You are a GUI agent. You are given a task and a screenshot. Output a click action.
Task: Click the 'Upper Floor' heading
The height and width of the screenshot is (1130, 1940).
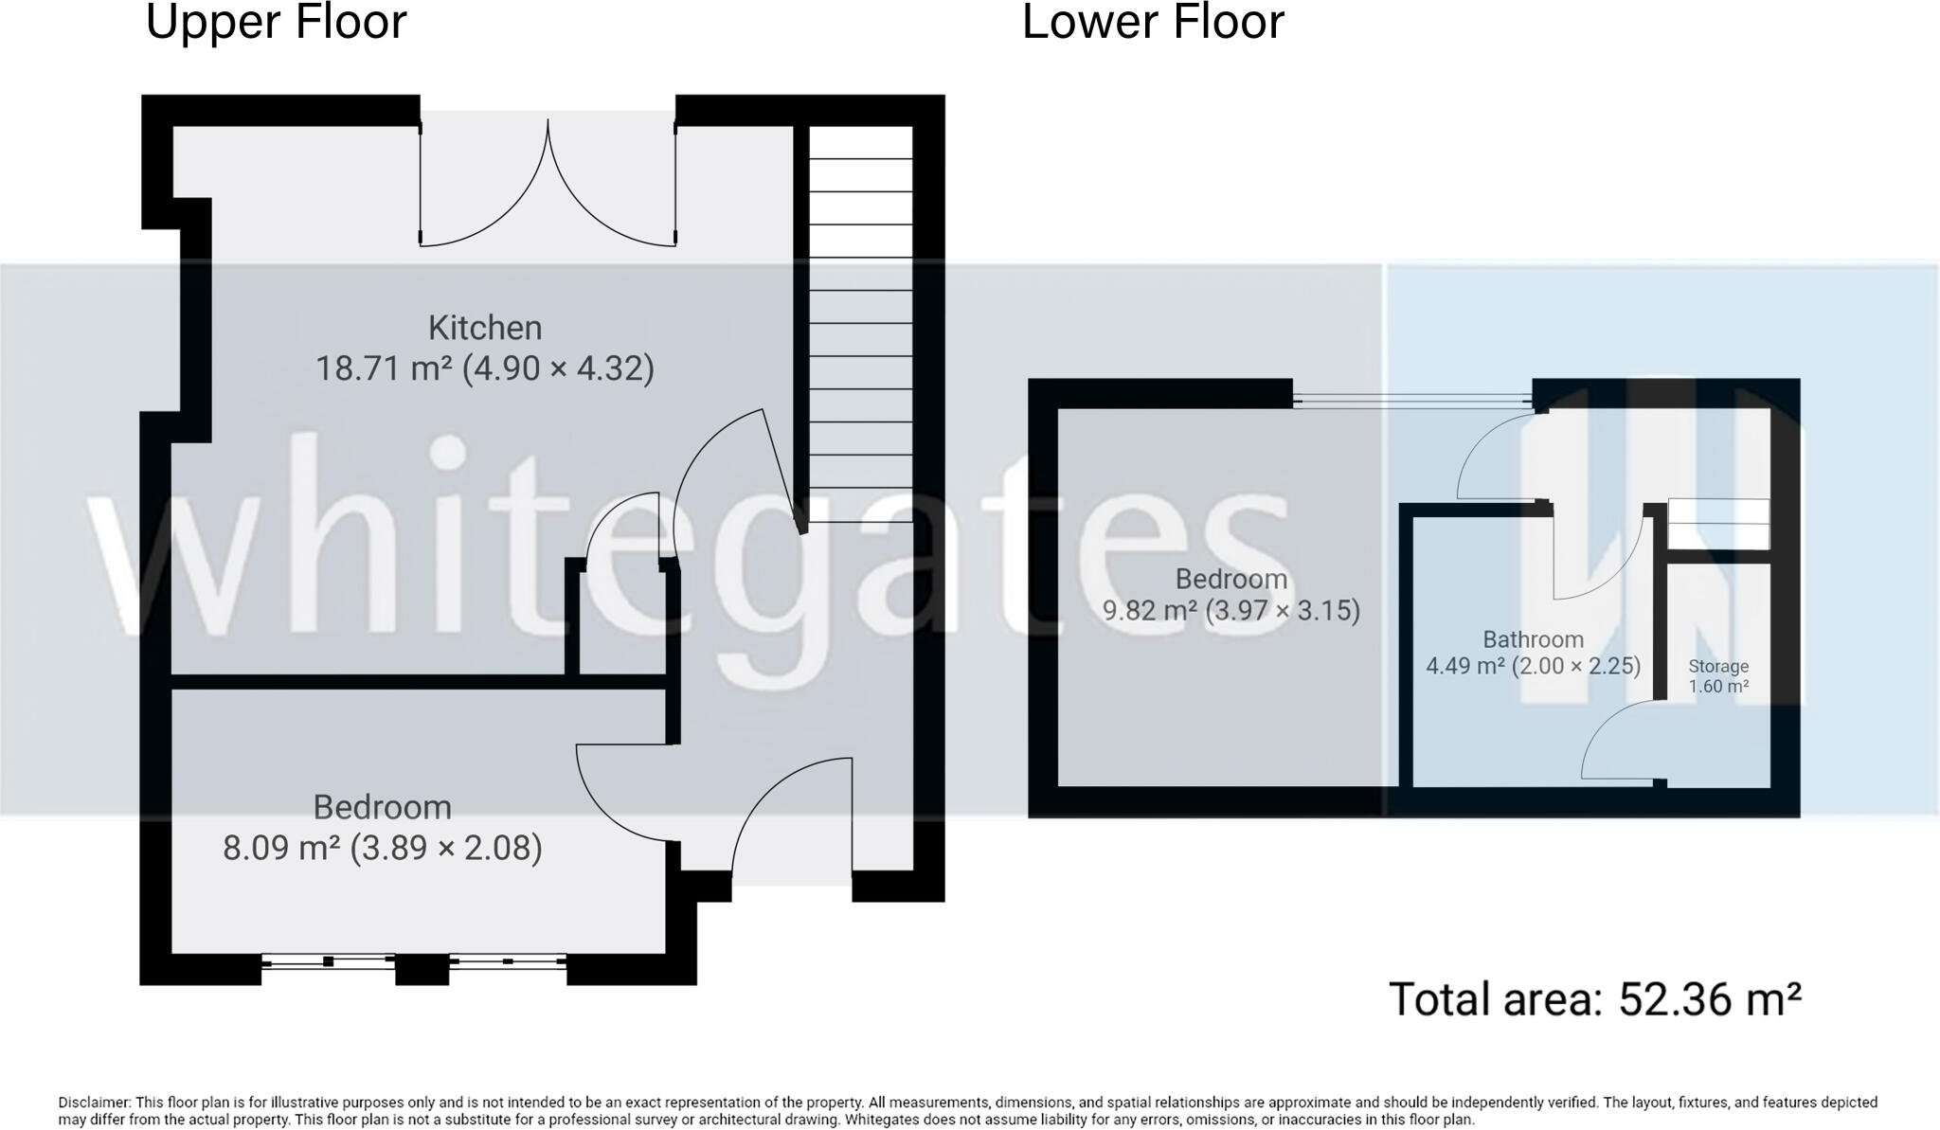coord(276,23)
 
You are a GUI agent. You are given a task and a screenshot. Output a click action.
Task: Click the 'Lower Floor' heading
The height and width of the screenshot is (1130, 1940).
coord(1153,23)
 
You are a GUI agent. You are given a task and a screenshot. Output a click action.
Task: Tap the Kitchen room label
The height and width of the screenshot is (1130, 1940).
coord(485,328)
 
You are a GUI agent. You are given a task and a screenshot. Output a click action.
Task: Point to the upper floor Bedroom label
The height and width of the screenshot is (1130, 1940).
coord(382,807)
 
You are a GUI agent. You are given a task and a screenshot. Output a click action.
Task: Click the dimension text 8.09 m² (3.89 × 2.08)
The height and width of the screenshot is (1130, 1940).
coord(382,848)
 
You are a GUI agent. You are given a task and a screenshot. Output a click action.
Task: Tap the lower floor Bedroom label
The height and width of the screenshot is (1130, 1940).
coord(1230,579)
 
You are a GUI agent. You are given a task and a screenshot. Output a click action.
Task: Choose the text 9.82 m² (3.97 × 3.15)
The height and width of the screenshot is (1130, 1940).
coord(1230,611)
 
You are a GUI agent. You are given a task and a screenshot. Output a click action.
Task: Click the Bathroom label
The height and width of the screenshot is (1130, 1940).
coord(1532,639)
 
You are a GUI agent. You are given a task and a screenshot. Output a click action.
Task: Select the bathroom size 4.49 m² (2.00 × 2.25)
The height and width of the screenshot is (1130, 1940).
coord(1532,666)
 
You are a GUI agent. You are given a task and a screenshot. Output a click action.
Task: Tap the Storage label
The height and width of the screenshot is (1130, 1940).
coord(1717,667)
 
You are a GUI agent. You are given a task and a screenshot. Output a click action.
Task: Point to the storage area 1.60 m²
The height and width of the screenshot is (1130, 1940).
coord(1717,687)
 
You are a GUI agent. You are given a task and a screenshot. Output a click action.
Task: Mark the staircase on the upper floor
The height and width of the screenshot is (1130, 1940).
coord(860,322)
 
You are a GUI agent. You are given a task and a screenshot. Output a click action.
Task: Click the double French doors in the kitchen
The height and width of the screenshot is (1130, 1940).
coord(548,189)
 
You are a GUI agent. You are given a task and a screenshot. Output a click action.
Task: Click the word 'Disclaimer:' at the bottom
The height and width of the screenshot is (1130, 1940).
coord(95,1103)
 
